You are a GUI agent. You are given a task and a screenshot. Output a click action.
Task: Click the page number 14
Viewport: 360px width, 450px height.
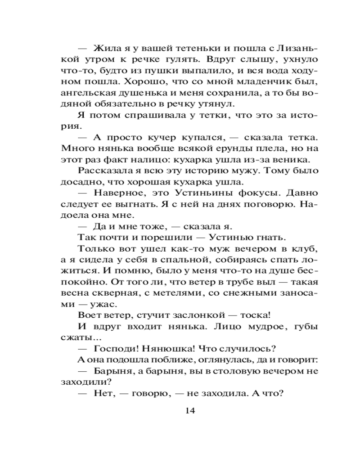pos(189,410)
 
